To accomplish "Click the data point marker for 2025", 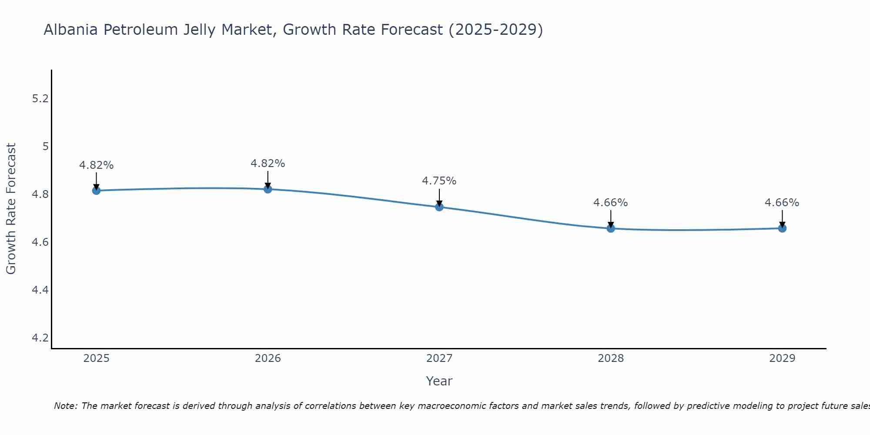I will (x=96, y=191).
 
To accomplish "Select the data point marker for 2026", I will (x=268, y=189).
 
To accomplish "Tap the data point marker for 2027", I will (x=439, y=207).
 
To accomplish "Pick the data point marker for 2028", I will (x=611, y=228).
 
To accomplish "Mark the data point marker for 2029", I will (x=782, y=228).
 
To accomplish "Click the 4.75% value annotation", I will (x=439, y=181).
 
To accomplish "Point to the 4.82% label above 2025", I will (x=96, y=165).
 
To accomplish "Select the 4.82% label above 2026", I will (x=268, y=164).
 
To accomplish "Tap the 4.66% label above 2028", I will (x=611, y=203).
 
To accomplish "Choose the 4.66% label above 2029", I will (x=782, y=203).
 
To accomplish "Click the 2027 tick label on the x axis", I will (x=439, y=358).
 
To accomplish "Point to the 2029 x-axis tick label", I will (x=782, y=358).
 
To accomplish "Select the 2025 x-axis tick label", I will (x=96, y=358).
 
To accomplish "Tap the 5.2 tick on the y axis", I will (x=40, y=99).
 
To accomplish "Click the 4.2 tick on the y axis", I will (x=40, y=338).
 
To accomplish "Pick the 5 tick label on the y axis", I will (x=45, y=147).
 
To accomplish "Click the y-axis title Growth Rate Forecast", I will (x=11, y=209).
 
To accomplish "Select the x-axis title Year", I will (x=439, y=381).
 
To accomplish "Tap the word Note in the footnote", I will (x=65, y=406).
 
